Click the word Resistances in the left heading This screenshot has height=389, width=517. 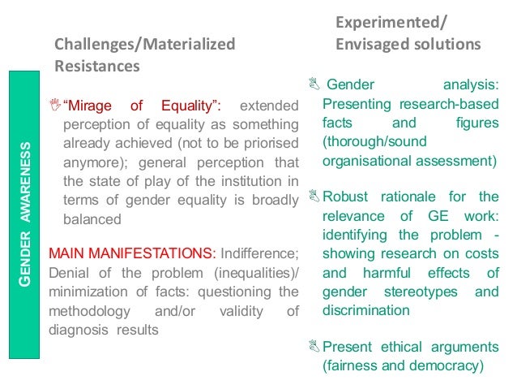point(96,64)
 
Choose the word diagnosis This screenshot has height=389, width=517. point(78,329)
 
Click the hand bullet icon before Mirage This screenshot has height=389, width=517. point(54,104)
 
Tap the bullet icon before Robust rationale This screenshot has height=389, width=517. point(314,197)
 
